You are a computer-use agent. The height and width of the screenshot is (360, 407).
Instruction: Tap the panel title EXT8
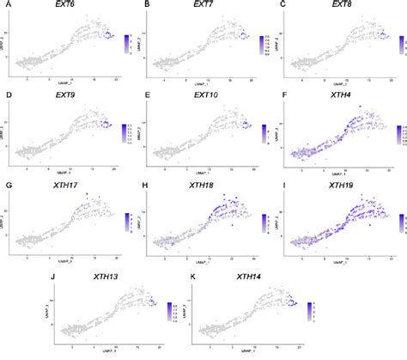(x=341, y=7)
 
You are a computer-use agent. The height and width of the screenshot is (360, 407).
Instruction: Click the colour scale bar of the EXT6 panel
(x=126, y=42)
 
